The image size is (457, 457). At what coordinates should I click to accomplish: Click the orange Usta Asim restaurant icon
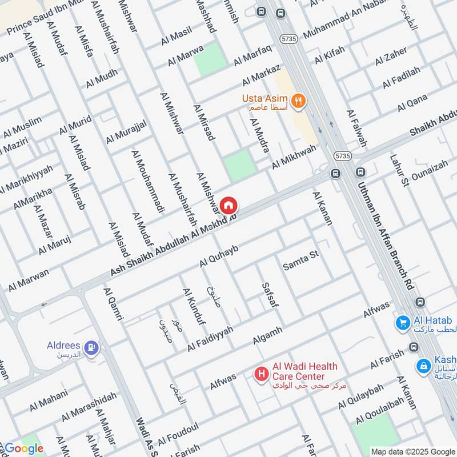click(298, 101)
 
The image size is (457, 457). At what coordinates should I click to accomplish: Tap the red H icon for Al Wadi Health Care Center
click(262, 374)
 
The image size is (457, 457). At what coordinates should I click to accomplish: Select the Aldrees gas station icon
click(91, 347)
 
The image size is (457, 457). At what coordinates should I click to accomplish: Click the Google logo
click(23, 448)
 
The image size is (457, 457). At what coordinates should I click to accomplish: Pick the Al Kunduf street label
click(193, 307)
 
